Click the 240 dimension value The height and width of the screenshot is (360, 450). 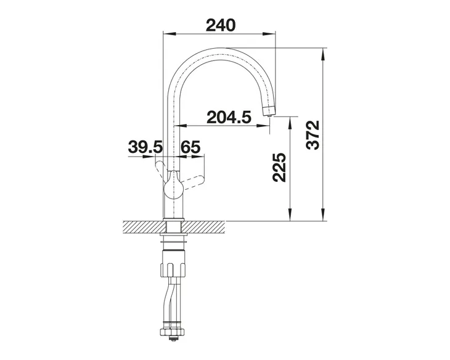[221, 25]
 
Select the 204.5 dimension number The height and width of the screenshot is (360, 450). [229, 117]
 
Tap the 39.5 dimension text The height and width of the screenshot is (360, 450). [145, 147]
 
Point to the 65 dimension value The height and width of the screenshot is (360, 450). [190, 147]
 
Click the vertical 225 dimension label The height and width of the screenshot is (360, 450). [279, 168]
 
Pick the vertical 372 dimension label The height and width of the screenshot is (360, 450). [313, 135]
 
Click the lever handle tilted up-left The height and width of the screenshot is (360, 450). [162, 170]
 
